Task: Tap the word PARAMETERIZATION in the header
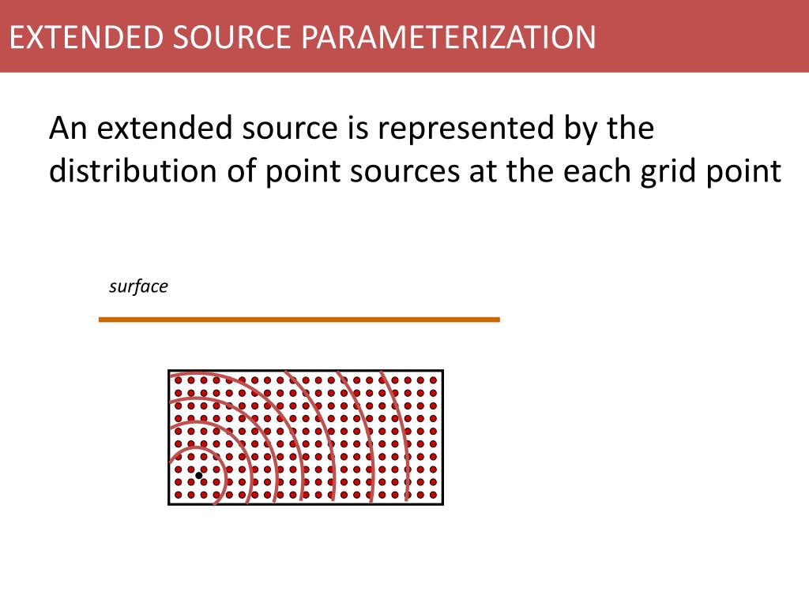(x=449, y=37)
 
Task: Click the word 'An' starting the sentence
(x=68, y=128)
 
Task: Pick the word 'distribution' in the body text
(x=133, y=170)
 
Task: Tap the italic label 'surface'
(x=138, y=286)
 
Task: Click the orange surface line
(x=299, y=320)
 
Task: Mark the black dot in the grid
(x=198, y=475)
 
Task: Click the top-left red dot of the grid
(x=178, y=380)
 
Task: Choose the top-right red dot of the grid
(x=434, y=380)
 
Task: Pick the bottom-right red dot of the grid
(x=434, y=495)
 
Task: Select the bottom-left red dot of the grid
(x=178, y=495)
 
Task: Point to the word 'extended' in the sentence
(x=164, y=128)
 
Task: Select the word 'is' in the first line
(x=358, y=128)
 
